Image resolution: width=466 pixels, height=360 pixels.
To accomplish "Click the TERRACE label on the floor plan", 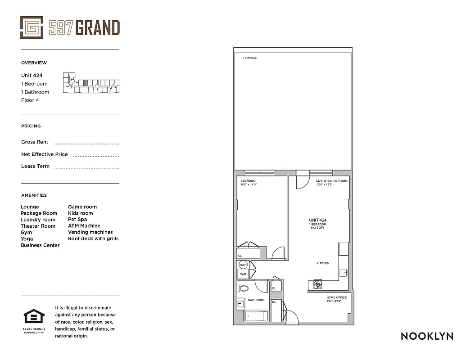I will click(x=249, y=58).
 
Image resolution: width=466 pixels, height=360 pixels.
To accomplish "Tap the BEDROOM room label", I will click(x=248, y=181).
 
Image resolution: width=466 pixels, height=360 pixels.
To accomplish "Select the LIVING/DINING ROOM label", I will click(x=332, y=181).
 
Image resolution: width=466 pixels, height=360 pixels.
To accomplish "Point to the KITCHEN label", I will click(x=323, y=263).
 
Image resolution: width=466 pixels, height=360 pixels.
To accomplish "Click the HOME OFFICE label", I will click(x=336, y=297).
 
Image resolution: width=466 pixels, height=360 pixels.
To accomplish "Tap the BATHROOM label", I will click(x=256, y=300).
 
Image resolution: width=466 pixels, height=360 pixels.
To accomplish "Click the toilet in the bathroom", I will click(x=244, y=288).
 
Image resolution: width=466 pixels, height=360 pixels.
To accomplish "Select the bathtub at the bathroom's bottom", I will click(x=256, y=316).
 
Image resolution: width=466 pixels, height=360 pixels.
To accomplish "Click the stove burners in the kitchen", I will click(x=318, y=284).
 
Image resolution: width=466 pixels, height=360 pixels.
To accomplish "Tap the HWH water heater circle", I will click(x=243, y=265).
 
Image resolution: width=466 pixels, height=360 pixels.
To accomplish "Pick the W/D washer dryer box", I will click(x=243, y=274).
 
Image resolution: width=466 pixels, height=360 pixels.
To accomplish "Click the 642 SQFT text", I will click(x=317, y=228).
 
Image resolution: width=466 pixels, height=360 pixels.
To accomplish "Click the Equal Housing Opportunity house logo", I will click(x=31, y=317).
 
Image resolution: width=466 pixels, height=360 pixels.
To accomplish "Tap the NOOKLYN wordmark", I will click(x=427, y=336).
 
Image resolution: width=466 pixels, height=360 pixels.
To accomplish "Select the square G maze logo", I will click(x=32, y=27).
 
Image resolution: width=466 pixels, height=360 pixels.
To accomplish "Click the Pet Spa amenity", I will click(x=77, y=220).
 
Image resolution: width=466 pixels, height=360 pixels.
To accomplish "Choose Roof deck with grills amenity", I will click(x=93, y=238).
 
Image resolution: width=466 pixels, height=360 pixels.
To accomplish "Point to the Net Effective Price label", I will click(x=45, y=154).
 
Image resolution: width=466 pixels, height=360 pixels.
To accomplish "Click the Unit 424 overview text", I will click(x=32, y=76).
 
